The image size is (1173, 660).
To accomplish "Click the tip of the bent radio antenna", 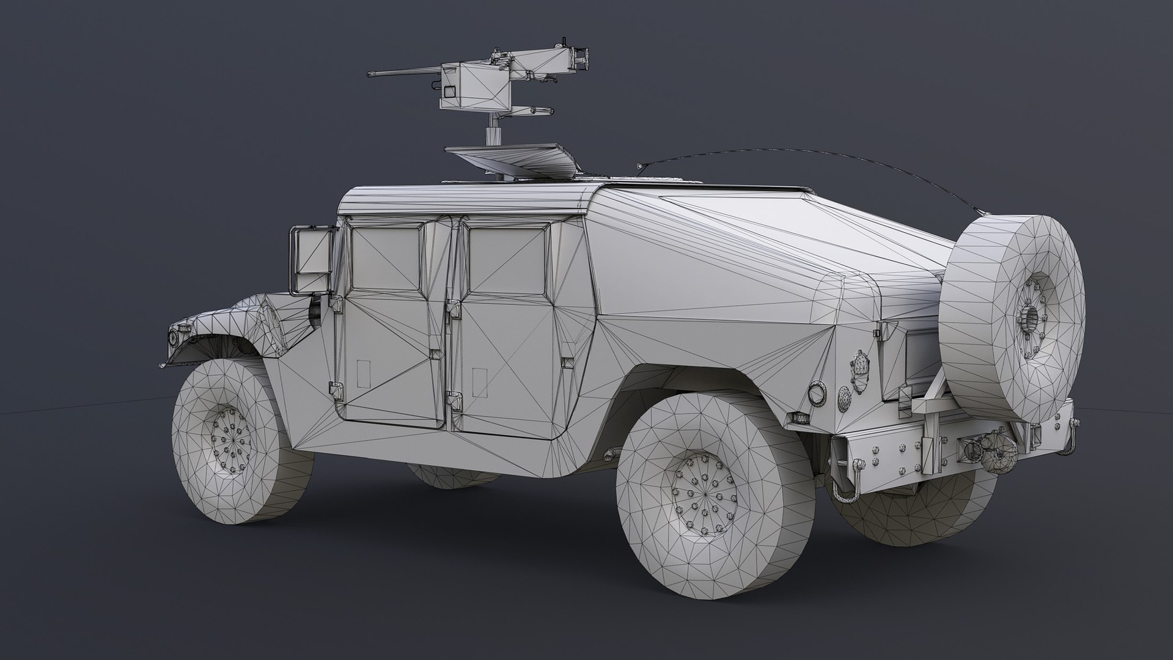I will point(639,166).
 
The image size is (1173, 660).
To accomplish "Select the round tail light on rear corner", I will point(817,392).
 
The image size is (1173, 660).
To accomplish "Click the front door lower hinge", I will point(336,387).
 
